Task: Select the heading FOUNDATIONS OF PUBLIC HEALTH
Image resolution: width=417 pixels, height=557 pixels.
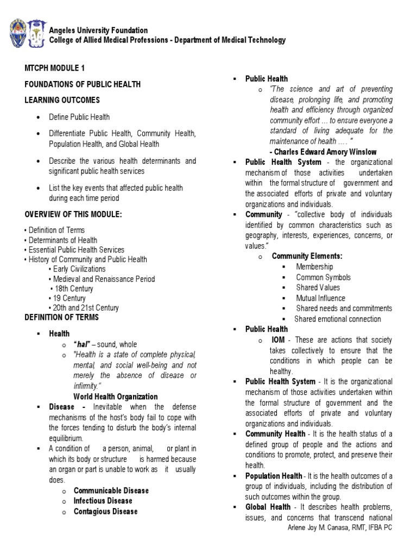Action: click(x=83, y=84)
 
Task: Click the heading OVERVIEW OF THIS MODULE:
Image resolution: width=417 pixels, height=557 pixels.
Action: click(x=73, y=214)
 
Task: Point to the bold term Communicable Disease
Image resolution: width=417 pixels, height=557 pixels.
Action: click(x=111, y=491)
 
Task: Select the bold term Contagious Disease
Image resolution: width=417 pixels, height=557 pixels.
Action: click(x=105, y=511)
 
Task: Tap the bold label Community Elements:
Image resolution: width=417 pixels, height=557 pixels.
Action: click(x=307, y=256)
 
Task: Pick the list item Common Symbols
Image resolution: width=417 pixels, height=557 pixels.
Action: click(x=323, y=277)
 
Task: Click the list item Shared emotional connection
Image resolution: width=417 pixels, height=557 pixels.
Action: click(x=338, y=319)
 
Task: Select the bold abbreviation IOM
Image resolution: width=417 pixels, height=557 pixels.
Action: click(x=278, y=340)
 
